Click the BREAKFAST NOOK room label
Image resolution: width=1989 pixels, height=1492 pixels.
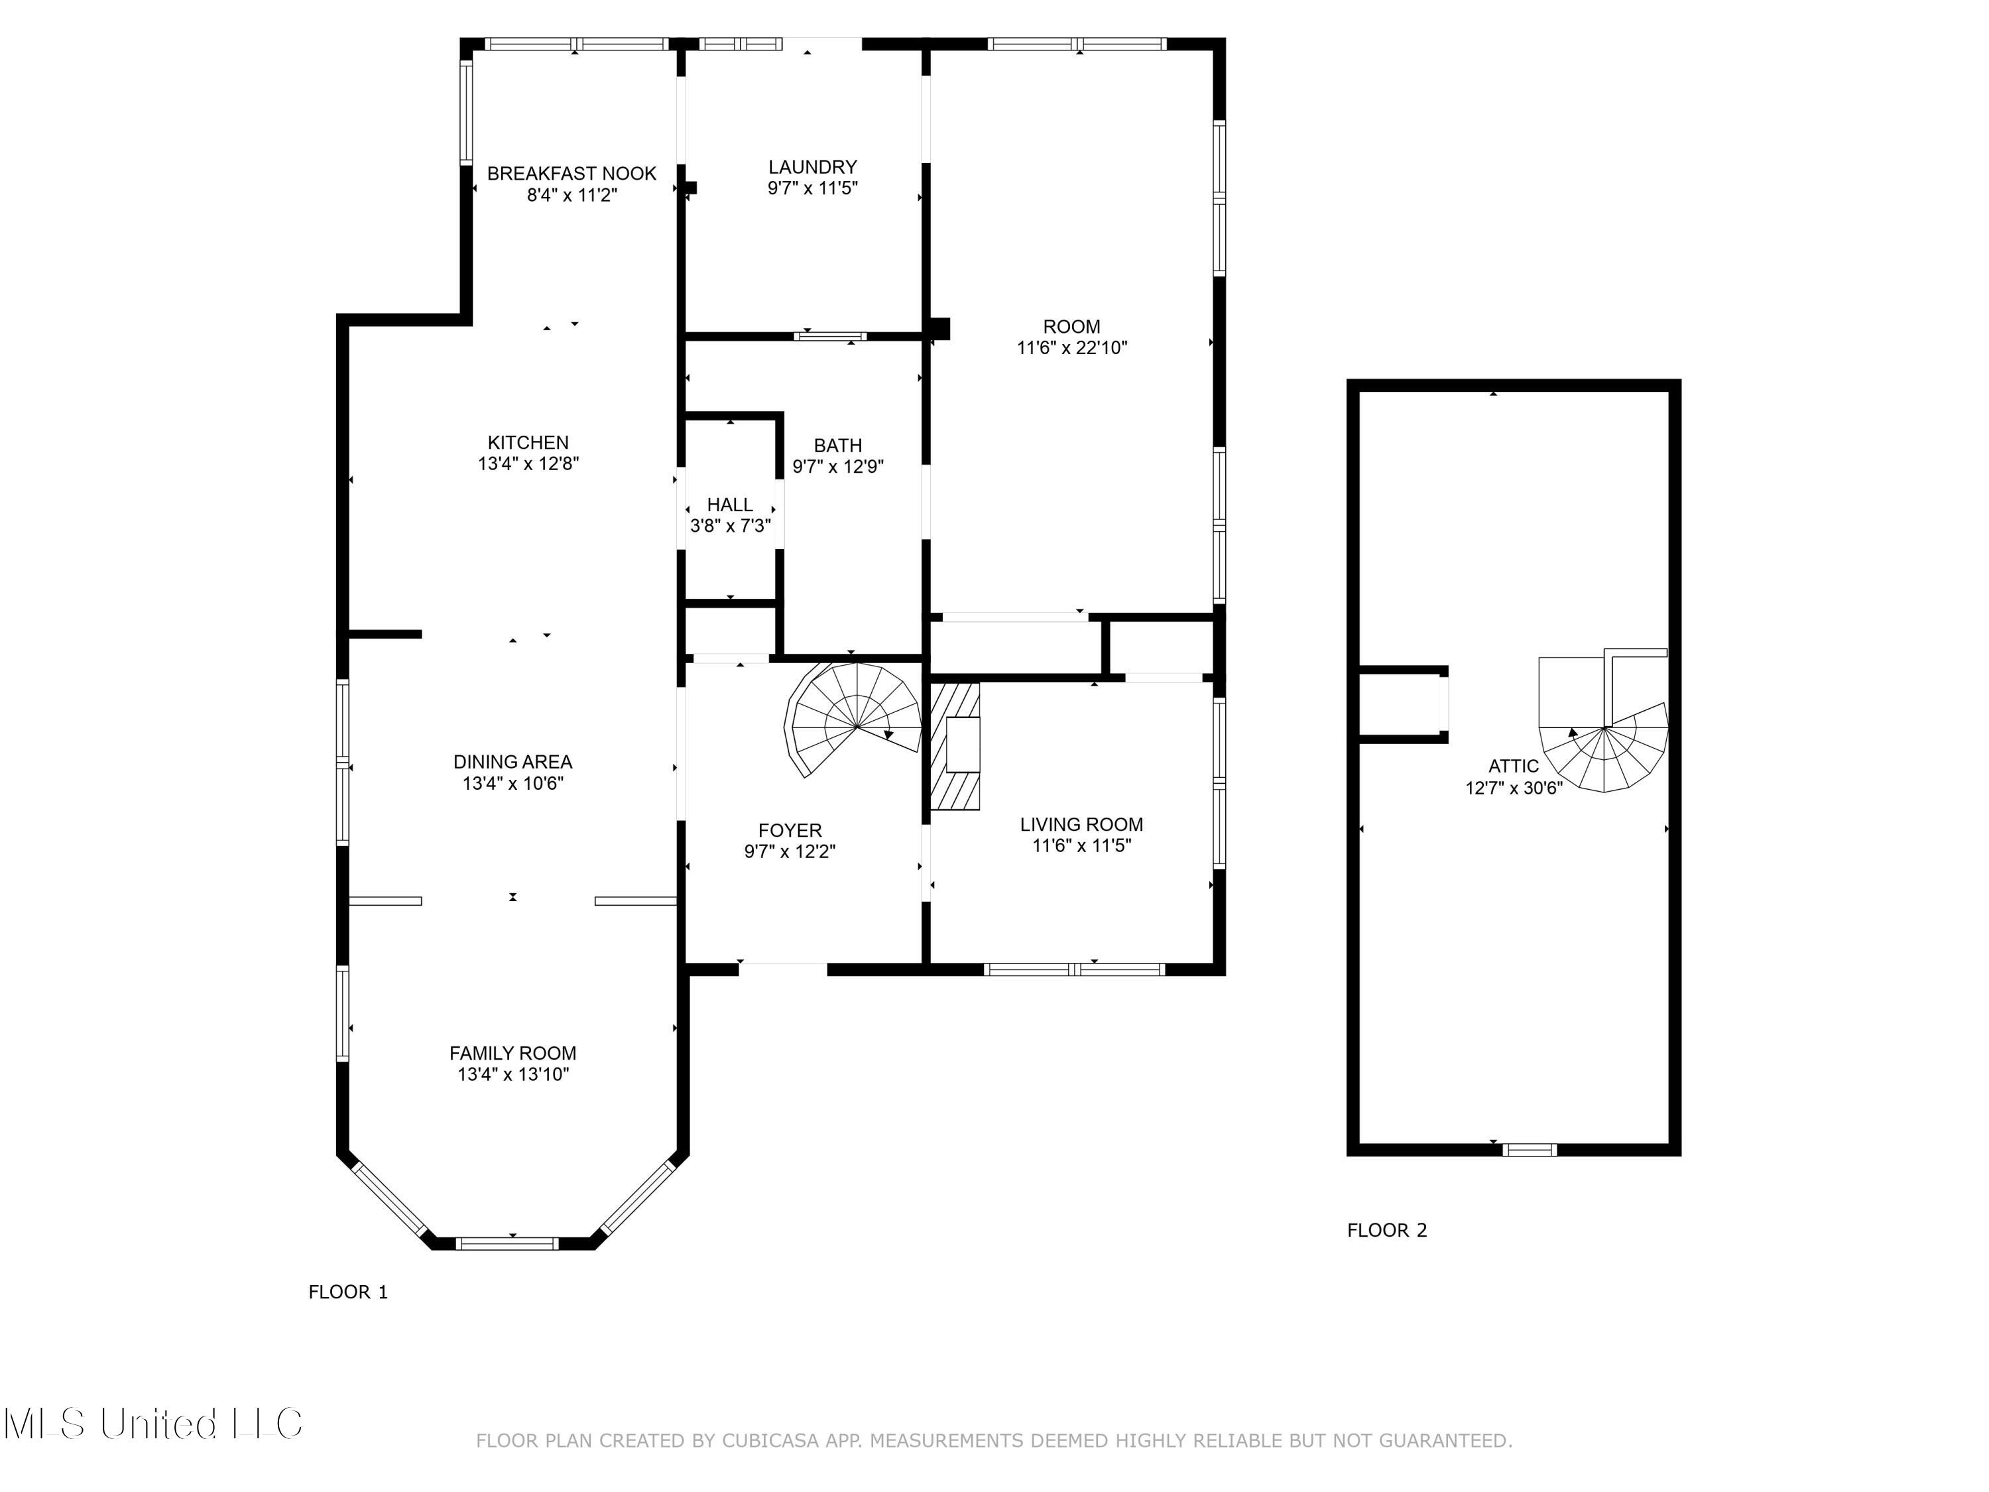(x=572, y=174)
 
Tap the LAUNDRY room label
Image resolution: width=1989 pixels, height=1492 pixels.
(x=813, y=167)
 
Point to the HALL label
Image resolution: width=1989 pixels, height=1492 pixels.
(x=729, y=505)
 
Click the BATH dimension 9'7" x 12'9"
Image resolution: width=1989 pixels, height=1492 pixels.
(x=838, y=467)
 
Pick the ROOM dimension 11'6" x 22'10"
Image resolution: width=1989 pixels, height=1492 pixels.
(x=1072, y=348)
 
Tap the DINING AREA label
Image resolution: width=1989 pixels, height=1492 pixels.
(x=512, y=762)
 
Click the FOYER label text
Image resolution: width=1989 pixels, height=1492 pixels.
(x=790, y=831)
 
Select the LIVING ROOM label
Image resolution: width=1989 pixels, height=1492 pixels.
(x=1082, y=825)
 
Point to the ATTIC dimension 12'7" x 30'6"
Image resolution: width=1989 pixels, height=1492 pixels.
(x=1514, y=788)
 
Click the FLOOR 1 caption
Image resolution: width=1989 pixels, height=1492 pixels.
(x=348, y=1292)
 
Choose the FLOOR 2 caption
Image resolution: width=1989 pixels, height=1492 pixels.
(x=1386, y=1230)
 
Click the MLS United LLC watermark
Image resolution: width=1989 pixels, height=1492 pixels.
(x=153, y=1424)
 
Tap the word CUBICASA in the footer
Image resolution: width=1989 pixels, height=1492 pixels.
(x=770, y=1441)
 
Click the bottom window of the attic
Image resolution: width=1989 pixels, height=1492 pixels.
(x=1530, y=1149)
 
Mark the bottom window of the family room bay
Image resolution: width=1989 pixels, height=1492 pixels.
(x=507, y=1244)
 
